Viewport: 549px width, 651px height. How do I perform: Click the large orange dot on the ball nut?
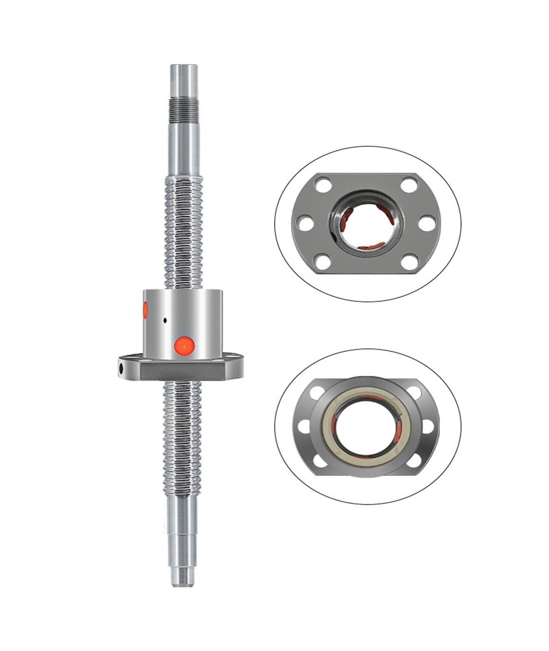point(184,346)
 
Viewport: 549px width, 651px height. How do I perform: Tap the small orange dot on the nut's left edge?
point(145,310)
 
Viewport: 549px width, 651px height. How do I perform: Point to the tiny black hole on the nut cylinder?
point(165,320)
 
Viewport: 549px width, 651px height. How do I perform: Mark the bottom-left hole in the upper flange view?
point(323,261)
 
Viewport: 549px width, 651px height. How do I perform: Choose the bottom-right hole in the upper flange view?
point(408,261)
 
